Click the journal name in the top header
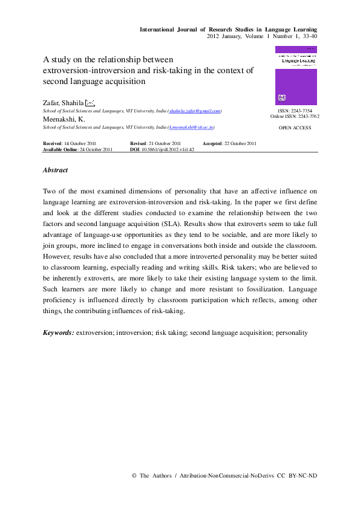coord(228,29)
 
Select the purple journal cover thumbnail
coord(296,76)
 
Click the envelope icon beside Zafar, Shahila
coord(90,102)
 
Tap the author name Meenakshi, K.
coord(64,119)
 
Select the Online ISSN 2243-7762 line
coord(295,117)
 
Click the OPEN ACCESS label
coord(295,128)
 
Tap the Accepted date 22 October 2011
coord(238,143)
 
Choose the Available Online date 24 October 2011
coord(96,149)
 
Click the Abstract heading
coord(55,170)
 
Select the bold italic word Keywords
coord(59,332)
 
